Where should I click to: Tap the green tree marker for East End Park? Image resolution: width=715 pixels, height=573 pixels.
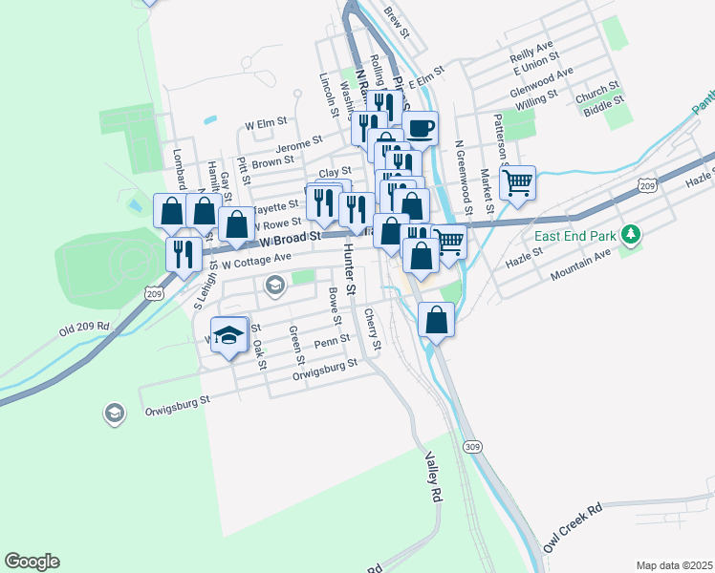(630, 234)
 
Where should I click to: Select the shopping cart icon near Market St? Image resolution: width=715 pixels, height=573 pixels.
(517, 182)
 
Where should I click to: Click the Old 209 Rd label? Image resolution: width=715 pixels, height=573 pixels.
(84, 327)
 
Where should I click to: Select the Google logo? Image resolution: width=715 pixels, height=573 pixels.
(32, 562)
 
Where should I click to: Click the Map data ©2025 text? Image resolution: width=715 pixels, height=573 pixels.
(674, 565)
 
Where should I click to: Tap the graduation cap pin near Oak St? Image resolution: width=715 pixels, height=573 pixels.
(228, 334)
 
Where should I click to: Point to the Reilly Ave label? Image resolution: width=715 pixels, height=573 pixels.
(532, 47)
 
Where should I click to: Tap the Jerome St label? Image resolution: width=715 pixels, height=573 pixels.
(299, 144)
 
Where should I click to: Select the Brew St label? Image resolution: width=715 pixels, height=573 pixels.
(396, 24)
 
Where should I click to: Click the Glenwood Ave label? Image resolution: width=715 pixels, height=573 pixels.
(541, 78)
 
